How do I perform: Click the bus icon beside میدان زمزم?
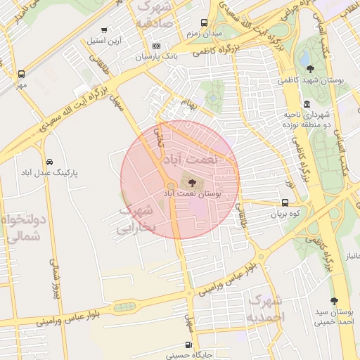point(205,22)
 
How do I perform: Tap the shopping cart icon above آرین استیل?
point(104,30)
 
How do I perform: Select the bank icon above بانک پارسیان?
point(155,46)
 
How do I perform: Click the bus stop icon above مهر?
point(21,74)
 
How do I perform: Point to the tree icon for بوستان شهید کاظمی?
point(311,68)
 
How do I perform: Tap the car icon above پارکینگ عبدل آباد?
point(48,161)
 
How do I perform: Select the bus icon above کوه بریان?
point(283,202)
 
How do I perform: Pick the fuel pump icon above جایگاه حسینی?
point(187,345)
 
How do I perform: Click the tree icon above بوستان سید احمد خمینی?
point(334,300)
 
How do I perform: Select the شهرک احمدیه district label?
point(266,309)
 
